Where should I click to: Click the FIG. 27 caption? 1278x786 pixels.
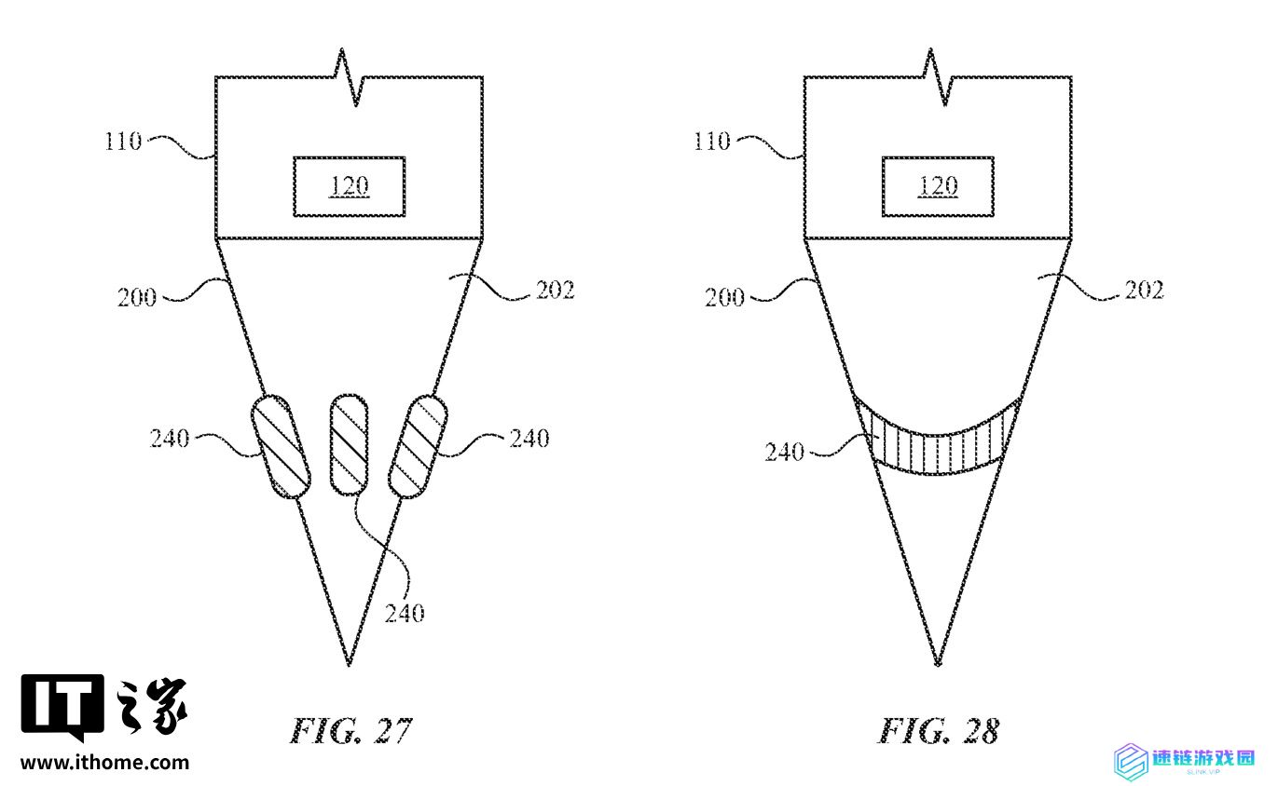coord(350,731)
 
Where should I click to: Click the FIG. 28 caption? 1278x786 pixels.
coord(939,731)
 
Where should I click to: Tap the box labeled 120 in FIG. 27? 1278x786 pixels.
coord(350,186)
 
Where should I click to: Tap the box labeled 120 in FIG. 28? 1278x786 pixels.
coord(938,186)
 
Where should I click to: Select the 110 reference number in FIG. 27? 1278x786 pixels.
coord(123,141)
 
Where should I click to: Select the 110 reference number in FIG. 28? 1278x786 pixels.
coord(711,141)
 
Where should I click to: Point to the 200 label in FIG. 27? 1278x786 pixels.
coord(137,297)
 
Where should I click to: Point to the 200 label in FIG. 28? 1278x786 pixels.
coord(724,297)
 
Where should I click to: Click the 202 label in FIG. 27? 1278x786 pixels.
coord(556,291)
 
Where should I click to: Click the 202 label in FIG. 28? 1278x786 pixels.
coord(1144,291)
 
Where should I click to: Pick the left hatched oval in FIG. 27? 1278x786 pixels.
coord(281,446)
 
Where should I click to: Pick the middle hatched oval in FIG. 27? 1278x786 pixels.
coord(349,444)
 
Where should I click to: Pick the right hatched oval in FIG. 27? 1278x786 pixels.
coord(418,446)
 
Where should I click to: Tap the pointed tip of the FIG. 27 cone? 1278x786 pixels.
coord(349,665)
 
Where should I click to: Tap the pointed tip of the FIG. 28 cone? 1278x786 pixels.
coord(938,665)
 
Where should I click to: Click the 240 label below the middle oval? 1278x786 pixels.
coord(405,614)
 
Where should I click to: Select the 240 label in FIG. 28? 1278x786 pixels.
coord(785,453)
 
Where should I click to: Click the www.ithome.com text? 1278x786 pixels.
coord(104,763)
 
